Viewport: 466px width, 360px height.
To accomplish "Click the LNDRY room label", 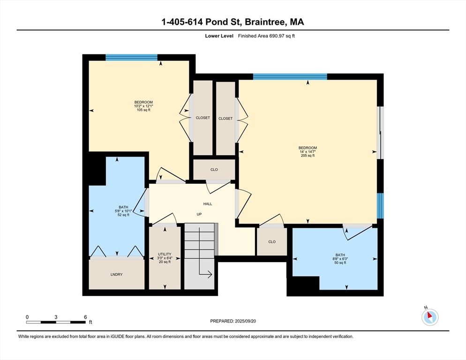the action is coord(116,274).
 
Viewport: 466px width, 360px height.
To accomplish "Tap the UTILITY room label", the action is coord(165,254).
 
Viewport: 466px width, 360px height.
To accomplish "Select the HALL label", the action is coord(208,203).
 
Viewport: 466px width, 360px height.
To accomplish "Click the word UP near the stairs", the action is coord(199,214).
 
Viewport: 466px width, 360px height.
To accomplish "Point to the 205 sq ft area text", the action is coord(308,156).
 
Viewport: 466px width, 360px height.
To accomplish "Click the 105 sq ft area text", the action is coord(143,110).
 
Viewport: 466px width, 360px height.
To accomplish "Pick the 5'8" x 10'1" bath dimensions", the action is coord(123,211).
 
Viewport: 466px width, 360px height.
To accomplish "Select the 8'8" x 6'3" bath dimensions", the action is coord(340,259).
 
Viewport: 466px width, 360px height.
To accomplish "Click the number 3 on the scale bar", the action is coord(56,317).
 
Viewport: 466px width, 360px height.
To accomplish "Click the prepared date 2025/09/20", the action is coord(246,321).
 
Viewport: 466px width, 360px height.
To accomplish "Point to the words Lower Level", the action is coord(219,36).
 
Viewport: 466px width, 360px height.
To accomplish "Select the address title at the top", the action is coord(233,22).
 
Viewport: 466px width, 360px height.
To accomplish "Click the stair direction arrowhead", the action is coord(210,274).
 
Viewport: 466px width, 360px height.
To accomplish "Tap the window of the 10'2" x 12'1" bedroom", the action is coord(132,57).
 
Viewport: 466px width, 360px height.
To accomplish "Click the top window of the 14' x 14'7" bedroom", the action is coord(290,77).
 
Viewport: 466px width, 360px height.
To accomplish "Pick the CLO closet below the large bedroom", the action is coord(272,242).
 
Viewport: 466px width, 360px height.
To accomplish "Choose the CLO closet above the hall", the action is coord(214,169).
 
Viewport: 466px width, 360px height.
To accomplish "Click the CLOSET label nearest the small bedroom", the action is coord(203,118).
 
